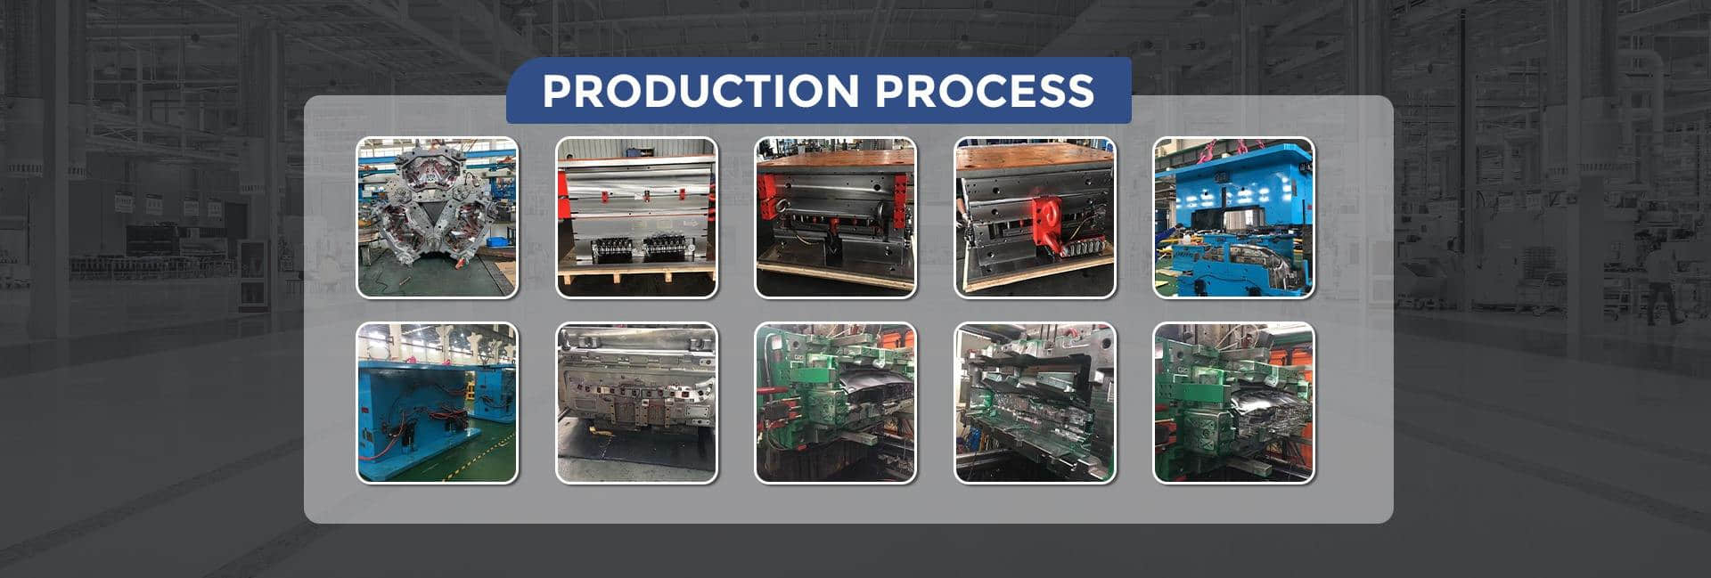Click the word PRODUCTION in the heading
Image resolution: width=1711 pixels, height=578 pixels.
pyautogui.click(x=700, y=91)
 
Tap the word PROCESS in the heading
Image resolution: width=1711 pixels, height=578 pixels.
pyautogui.click(x=984, y=91)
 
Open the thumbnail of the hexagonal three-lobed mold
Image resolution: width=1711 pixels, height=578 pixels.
pyautogui.click(x=437, y=217)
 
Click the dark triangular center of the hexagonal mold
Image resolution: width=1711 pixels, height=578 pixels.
pyautogui.click(x=434, y=214)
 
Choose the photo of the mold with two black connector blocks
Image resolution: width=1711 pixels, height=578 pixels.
pyautogui.click(x=636, y=217)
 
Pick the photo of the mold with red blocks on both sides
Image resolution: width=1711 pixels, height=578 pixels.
pyautogui.click(x=835, y=217)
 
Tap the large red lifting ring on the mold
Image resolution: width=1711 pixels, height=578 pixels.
pyautogui.click(x=1046, y=223)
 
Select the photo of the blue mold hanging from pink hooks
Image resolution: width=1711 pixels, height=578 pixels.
pyautogui.click(x=1234, y=217)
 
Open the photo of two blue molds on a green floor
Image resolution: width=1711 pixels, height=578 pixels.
pyautogui.click(x=437, y=403)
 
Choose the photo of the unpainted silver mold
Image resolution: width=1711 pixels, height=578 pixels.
pyautogui.click(x=636, y=403)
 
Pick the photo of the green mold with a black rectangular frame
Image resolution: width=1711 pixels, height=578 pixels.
pyautogui.click(x=1035, y=403)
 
